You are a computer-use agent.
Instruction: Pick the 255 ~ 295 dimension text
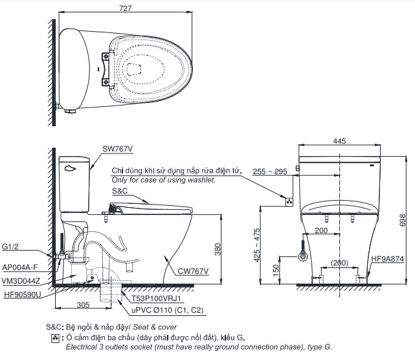pos(270,172)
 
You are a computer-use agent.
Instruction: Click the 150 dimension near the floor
pos(276,269)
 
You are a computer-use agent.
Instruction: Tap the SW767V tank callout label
pos(117,148)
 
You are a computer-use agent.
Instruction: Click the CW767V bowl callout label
pos(192,271)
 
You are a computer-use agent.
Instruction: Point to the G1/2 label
pos(11,247)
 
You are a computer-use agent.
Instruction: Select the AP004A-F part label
pos(20,267)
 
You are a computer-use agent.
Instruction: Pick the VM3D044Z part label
pos(21,280)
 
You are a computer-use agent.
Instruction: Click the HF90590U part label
pos(22,294)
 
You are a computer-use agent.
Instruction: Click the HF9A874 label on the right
pos(388,259)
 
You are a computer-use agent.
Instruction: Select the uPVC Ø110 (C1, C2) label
pos(167,311)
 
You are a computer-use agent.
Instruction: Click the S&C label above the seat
pos(120,192)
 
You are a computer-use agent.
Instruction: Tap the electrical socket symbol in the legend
pos(55,339)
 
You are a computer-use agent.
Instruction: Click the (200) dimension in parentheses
pos(341,262)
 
